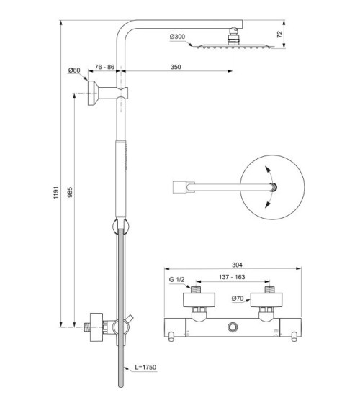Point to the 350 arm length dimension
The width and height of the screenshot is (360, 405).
point(176,66)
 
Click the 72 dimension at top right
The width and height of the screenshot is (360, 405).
point(279,33)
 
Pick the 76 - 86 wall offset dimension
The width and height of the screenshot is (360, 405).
point(104,66)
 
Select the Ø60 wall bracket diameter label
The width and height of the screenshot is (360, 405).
point(73,70)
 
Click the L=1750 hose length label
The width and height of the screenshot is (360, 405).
point(146,367)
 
